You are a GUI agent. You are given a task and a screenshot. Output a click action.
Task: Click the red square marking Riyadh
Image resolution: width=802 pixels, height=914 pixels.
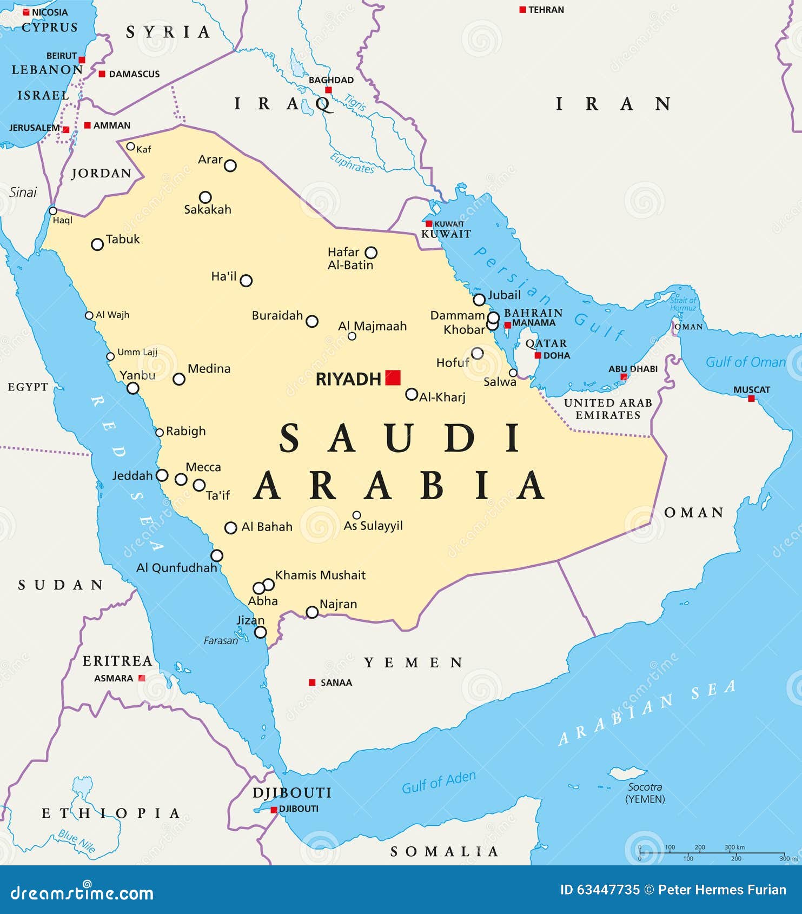[x=393, y=377]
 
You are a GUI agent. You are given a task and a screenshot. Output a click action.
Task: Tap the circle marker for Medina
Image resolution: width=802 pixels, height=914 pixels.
[x=179, y=379]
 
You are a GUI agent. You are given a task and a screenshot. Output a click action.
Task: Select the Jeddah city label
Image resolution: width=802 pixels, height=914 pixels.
[x=132, y=476]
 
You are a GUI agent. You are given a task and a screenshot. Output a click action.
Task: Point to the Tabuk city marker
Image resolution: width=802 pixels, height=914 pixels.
[x=97, y=244]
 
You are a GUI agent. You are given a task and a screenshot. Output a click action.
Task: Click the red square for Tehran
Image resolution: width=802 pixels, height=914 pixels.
[x=522, y=10]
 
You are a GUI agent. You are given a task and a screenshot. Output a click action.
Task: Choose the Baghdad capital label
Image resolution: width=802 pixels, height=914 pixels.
[x=331, y=80]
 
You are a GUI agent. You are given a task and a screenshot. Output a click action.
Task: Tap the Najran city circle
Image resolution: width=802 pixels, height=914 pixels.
[x=312, y=612]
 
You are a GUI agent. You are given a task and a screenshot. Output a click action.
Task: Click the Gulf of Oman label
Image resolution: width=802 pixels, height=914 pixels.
[x=745, y=362]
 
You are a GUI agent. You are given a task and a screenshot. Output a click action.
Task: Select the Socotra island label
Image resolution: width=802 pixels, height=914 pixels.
[x=645, y=787]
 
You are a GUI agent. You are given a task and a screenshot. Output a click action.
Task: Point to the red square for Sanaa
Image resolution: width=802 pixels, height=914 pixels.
[x=312, y=683]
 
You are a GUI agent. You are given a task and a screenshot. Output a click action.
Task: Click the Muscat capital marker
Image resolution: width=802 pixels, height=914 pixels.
[x=751, y=399]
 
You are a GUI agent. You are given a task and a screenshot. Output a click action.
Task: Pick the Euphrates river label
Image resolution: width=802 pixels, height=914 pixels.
[x=352, y=163]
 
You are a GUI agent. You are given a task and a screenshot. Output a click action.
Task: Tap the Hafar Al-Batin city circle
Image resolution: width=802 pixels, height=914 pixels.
[x=371, y=253]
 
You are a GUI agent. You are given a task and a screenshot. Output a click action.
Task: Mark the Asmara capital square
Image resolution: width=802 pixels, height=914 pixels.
[x=142, y=678]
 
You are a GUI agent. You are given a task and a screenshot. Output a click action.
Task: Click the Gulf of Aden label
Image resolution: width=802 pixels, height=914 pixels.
[x=439, y=782]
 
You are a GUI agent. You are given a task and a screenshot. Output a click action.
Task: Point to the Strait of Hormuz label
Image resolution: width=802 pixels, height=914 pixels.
[x=683, y=304]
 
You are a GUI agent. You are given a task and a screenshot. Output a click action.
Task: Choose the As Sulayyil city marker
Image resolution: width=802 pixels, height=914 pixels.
[x=356, y=515]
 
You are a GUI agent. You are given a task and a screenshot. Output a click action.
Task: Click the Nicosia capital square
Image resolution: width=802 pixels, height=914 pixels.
[x=26, y=12]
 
